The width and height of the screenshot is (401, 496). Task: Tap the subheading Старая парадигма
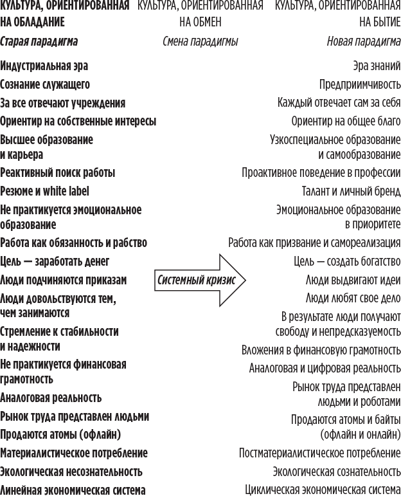coord(39,42)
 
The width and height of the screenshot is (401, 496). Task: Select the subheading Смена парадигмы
coord(200,42)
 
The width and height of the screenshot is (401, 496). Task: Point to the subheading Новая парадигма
coord(364,42)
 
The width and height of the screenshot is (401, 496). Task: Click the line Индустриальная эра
coord(44,66)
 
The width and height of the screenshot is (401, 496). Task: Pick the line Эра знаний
coord(377,66)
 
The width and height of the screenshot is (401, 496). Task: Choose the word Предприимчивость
coord(360,84)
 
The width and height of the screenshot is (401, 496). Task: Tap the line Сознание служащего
coord(45,84)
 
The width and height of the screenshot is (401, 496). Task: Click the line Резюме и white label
coord(45,191)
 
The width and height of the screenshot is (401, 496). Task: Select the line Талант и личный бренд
coord(351,191)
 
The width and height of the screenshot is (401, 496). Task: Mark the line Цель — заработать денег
coord(55,261)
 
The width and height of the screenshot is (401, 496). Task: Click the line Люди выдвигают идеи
coord(353,280)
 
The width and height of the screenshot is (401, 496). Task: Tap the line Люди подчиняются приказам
coord(64,280)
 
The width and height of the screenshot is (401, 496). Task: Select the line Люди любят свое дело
coord(353,299)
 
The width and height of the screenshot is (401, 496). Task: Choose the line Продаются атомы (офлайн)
coord(60,434)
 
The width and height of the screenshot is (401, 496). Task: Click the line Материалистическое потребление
coord(74,452)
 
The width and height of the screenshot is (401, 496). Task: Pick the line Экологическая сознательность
coord(336,471)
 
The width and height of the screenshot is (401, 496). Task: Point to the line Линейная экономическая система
coord(73,490)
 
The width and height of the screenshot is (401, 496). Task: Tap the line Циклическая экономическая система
coord(323,490)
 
